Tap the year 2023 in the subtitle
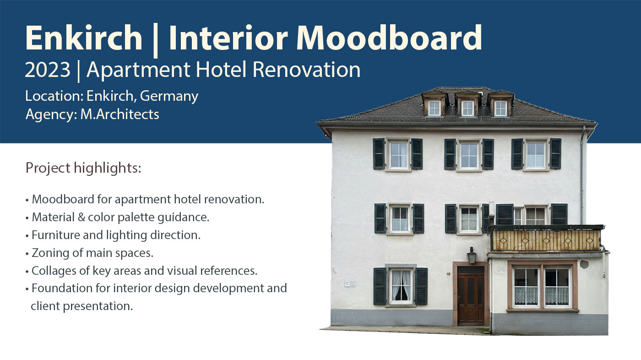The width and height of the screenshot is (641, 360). (x=48, y=70)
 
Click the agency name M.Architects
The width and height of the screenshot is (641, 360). (x=120, y=114)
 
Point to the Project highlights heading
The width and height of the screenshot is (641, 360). (x=83, y=168)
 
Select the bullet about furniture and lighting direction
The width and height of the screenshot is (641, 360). (x=116, y=235)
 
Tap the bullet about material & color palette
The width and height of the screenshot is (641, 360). (x=120, y=217)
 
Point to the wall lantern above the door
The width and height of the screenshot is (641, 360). (x=471, y=255)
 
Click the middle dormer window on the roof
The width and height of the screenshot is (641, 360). (x=467, y=108)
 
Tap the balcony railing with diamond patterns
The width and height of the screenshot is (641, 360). (x=547, y=240)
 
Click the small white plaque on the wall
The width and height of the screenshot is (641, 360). (x=350, y=284)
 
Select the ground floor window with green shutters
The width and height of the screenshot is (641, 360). (x=401, y=286)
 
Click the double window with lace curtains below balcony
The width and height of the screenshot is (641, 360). (x=542, y=287)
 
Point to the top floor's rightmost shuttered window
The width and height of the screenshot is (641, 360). (x=536, y=154)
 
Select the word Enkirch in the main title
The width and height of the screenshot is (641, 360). (x=84, y=38)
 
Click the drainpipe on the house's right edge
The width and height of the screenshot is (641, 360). (x=582, y=174)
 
